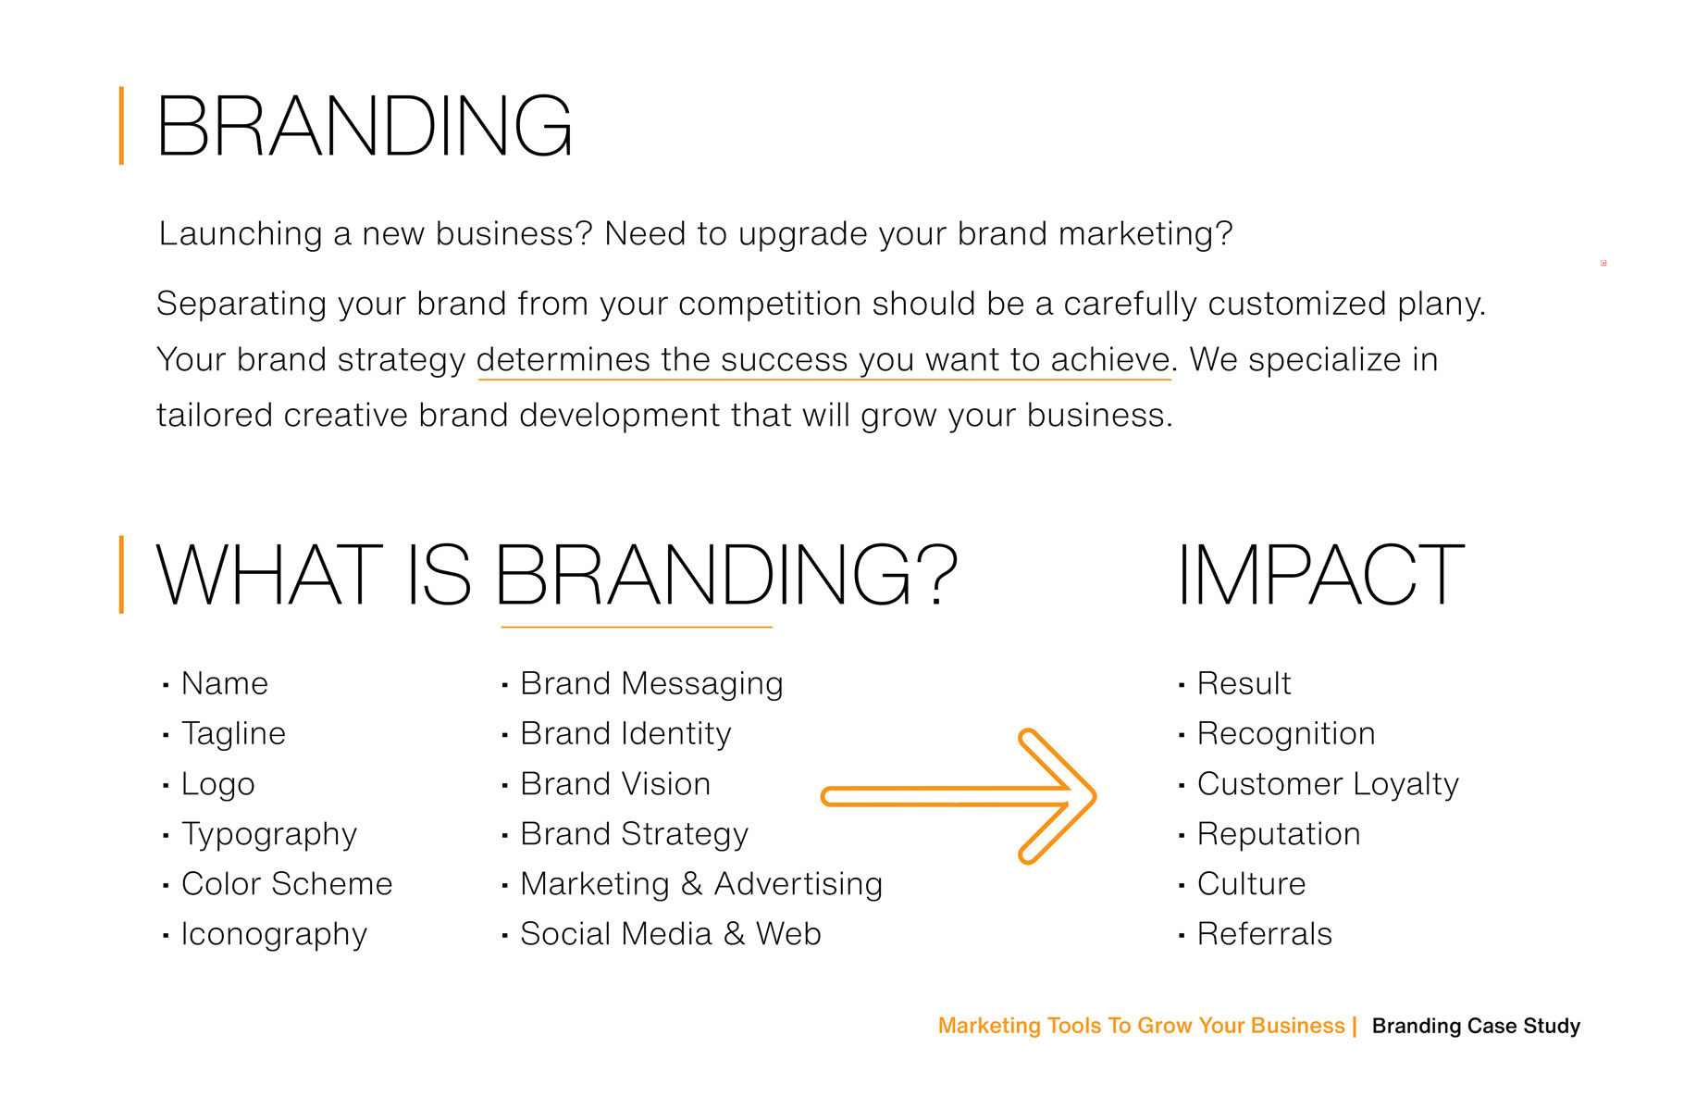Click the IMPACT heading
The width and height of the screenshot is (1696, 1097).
click(x=1320, y=576)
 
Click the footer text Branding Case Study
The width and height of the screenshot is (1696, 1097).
click(x=1476, y=1026)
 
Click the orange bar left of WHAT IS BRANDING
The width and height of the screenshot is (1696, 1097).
click(x=121, y=574)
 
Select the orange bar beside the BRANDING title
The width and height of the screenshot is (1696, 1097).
click(x=121, y=126)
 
